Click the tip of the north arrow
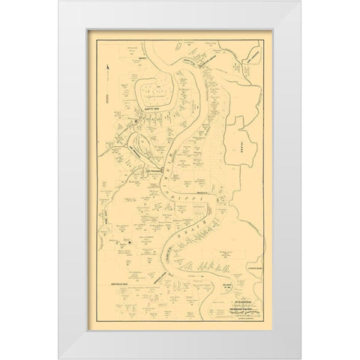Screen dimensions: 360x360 (109, 66)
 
